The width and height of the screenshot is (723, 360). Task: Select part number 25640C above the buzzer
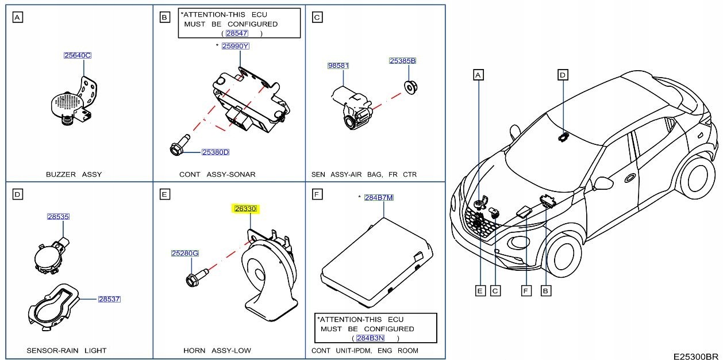pyautogui.click(x=78, y=56)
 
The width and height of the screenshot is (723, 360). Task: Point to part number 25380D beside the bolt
pyautogui.click(x=216, y=152)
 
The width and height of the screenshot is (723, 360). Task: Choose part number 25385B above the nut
pyautogui.click(x=402, y=60)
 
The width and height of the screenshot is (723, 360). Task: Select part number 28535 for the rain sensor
pyautogui.click(x=58, y=217)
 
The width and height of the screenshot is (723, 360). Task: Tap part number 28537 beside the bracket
pyautogui.click(x=109, y=299)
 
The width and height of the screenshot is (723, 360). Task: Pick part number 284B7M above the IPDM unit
pyautogui.click(x=379, y=198)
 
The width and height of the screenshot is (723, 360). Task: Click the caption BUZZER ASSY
pyautogui.click(x=74, y=174)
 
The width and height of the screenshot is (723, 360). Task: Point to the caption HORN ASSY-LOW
pyautogui.click(x=217, y=350)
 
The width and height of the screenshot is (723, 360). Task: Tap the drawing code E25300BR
pyautogui.click(x=697, y=356)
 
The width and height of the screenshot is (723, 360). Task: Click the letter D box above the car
pyautogui.click(x=563, y=75)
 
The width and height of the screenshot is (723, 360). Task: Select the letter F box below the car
pyautogui.click(x=525, y=291)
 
